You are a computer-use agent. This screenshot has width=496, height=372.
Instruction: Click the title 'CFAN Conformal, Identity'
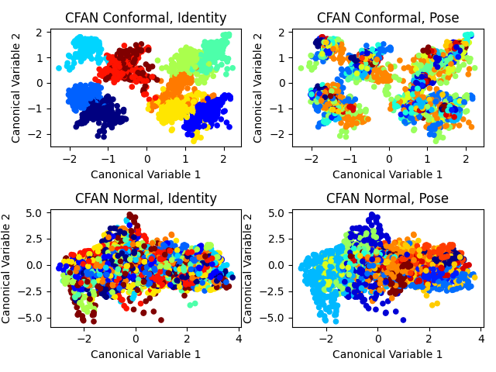(146, 18)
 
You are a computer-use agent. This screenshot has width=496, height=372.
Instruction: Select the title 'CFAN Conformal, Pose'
(387, 18)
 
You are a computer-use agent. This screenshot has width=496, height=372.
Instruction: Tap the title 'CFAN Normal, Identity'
(146, 198)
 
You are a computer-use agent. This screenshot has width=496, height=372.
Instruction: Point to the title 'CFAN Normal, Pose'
(387, 198)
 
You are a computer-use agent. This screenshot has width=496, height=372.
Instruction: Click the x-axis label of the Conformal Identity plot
(146, 174)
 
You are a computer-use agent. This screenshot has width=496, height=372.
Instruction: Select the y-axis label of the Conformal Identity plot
(16, 88)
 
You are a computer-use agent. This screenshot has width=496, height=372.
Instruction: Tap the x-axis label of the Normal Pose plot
(387, 355)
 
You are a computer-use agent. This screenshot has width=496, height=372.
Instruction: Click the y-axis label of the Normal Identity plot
(7, 268)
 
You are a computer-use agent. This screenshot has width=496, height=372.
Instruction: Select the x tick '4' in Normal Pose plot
(481, 339)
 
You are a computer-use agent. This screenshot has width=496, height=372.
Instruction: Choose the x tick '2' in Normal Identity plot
(188, 339)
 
